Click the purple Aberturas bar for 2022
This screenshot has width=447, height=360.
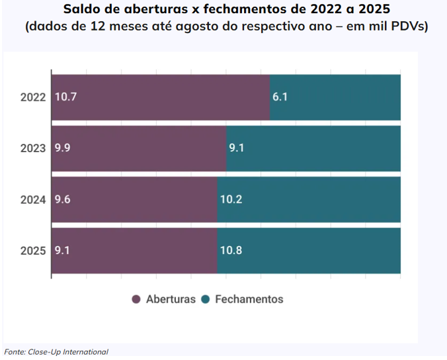161,97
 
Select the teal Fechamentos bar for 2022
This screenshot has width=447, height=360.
335,97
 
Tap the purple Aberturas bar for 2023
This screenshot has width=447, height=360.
139,148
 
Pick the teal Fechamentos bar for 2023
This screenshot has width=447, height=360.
313,148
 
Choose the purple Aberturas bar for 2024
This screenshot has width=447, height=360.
134,199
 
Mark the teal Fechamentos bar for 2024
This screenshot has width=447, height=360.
309,199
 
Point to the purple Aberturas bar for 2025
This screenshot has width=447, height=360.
134,250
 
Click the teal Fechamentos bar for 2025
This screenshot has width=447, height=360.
309,250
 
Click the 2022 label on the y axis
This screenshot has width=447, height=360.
33,97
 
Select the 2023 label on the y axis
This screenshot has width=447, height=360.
33,148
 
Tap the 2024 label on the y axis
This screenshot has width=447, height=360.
33,199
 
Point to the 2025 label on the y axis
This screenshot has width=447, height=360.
33,251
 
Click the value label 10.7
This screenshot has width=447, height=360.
65,97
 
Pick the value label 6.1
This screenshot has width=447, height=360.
280,97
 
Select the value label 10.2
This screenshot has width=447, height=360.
231,199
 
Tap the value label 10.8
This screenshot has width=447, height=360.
231,251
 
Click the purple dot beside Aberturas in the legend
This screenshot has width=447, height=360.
137,299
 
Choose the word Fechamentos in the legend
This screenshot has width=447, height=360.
249,299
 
